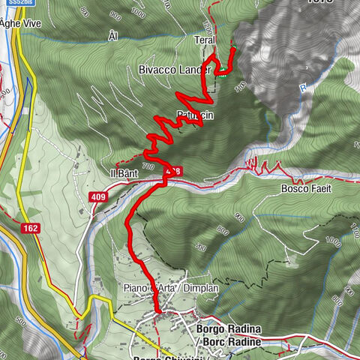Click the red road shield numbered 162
click(31, 226)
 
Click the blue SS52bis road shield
click(10, 4)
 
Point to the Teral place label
click(205, 40)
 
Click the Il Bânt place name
click(124, 174)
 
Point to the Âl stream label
click(113, 36)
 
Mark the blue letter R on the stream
click(304, 88)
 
